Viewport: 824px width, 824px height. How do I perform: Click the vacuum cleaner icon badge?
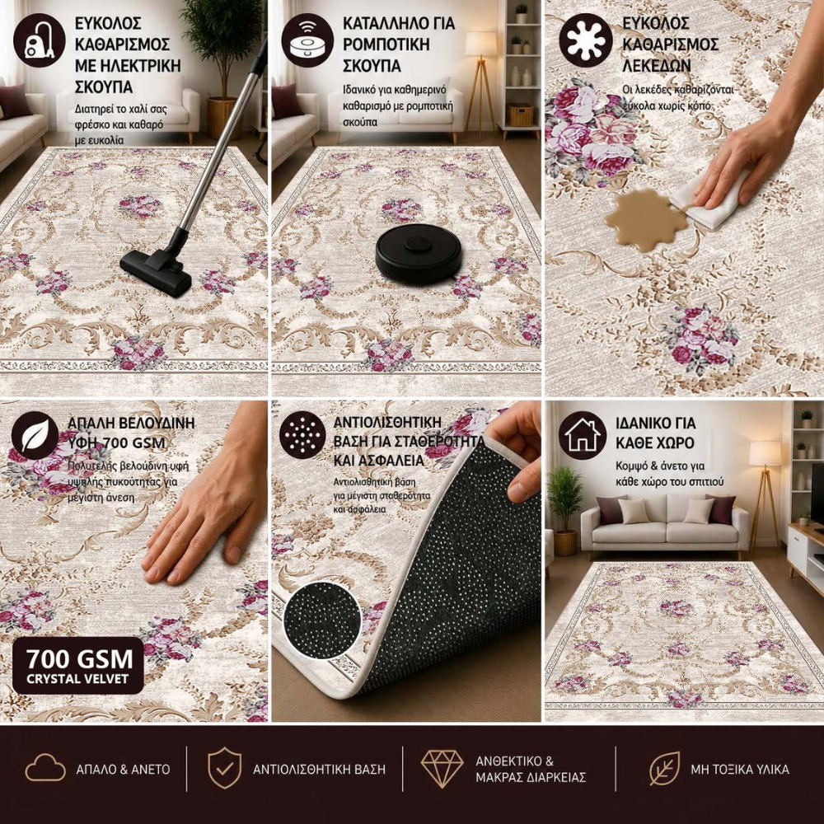click(40, 40)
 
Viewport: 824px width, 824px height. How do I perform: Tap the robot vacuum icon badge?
click(307, 40)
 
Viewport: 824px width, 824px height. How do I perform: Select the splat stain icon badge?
click(585, 40)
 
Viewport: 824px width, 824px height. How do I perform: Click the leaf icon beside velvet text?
click(35, 435)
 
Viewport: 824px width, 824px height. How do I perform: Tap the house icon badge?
click(583, 435)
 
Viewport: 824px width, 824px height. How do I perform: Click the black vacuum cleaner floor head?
click(156, 270)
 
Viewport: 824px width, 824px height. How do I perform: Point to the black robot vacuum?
click(419, 254)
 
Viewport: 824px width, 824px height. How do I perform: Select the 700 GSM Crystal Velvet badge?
click(77, 665)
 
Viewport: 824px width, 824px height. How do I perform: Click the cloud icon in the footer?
click(45, 768)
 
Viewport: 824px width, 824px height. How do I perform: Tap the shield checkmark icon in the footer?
click(225, 768)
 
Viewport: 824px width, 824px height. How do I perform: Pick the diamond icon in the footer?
click(442, 768)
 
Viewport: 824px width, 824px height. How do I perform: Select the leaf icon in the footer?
click(664, 768)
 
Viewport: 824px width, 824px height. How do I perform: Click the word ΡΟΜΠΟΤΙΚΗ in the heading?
click(386, 44)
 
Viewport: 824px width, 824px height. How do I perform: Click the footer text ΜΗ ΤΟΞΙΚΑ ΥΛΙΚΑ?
click(739, 770)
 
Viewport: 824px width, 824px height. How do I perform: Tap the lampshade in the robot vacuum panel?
click(480, 44)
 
